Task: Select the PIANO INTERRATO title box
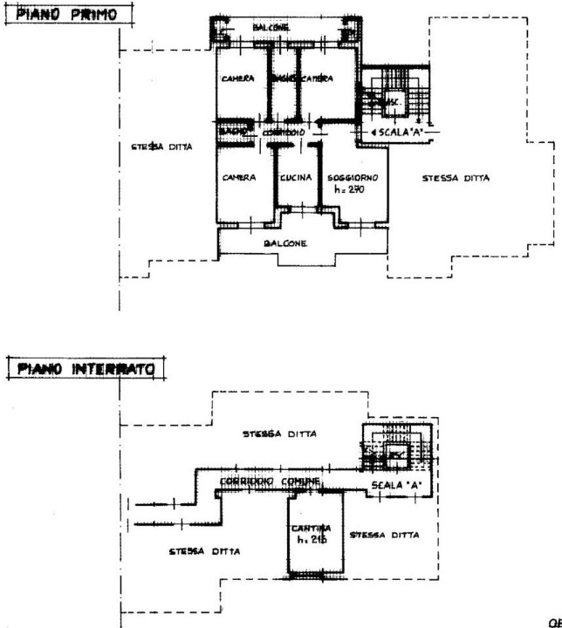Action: click(x=85, y=368)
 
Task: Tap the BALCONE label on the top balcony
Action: click(x=271, y=28)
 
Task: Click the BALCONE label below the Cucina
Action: click(x=286, y=244)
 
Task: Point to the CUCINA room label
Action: click(x=296, y=177)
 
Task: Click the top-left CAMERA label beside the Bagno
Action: click(x=237, y=78)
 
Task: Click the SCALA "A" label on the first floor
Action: click(x=399, y=131)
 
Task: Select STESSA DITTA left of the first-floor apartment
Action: click(x=156, y=148)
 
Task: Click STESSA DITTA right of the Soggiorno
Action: click(x=456, y=177)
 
